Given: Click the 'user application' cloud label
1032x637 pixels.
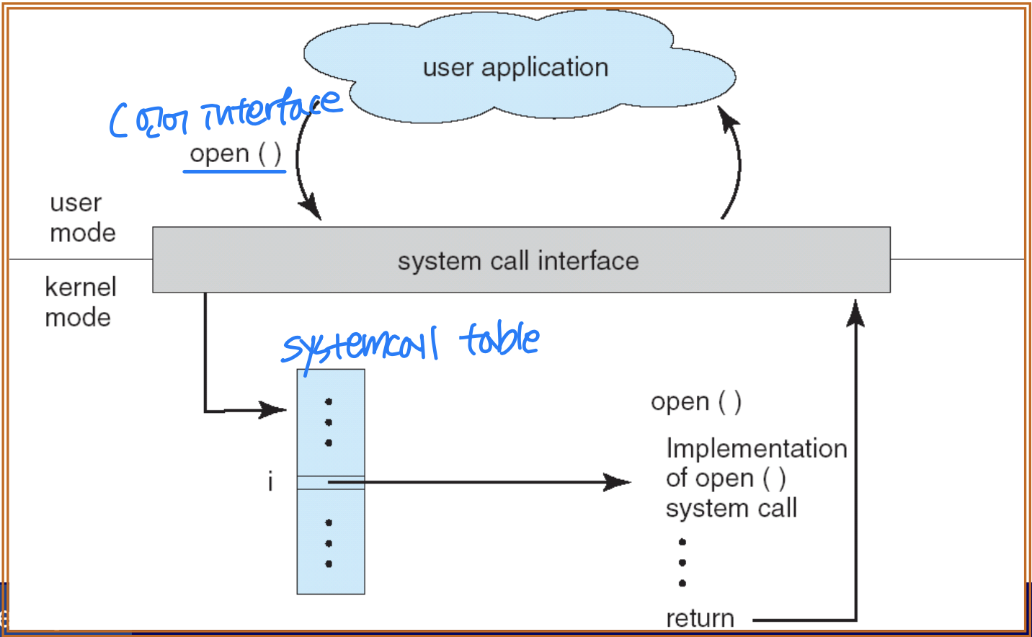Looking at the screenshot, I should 515,68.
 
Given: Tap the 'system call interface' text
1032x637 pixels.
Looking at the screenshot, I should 518,261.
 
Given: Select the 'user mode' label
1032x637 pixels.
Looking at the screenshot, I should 81,218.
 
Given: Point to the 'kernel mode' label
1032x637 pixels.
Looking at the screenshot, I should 79,302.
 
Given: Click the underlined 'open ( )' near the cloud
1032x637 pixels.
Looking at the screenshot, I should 235,153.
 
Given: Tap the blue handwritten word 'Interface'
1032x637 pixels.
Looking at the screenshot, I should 270,108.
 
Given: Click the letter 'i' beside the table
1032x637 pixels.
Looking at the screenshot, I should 270,481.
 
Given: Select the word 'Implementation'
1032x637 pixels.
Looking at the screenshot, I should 756,448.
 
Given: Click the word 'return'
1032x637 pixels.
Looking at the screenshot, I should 700,618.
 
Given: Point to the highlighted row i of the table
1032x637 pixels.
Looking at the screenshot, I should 331,482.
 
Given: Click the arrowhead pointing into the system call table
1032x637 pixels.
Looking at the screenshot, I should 275,410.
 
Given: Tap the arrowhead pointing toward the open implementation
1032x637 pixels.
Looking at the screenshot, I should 618,482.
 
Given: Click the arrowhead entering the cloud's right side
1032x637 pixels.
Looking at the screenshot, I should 729,119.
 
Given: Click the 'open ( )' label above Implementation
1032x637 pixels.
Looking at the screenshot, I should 695,401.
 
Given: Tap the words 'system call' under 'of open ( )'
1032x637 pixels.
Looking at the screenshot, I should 731,508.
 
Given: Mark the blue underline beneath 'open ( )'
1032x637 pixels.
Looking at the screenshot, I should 234,171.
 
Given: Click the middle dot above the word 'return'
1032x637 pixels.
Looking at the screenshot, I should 682,562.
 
